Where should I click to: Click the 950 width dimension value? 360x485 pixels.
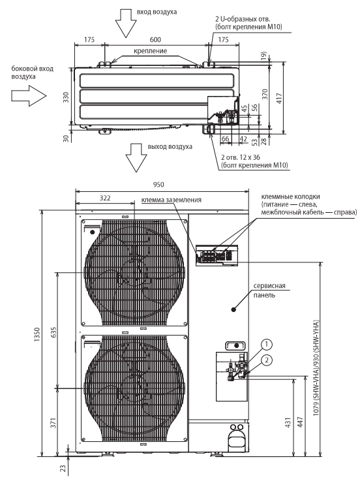point(158,185)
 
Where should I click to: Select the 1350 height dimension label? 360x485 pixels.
point(37,334)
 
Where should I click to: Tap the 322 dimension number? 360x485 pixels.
point(105,198)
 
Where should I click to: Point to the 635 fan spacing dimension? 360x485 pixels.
point(53,332)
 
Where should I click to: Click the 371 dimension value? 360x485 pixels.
point(53,423)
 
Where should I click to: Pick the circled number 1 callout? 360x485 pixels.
point(267,344)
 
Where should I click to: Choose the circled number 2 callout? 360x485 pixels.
point(267,360)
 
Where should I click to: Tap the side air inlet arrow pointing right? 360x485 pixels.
point(29,95)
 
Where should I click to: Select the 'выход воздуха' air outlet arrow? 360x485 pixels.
point(136,158)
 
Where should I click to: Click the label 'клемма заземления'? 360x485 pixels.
point(171,200)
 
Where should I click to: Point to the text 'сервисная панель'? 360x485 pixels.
point(269,290)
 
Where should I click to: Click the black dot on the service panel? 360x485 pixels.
point(233,309)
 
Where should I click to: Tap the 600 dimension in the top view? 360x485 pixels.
point(155,40)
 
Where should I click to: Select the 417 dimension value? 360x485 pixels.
point(279,99)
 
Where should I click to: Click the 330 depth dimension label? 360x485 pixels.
point(66,97)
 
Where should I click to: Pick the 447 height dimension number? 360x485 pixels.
point(300,422)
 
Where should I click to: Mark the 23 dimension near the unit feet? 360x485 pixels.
point(63,468)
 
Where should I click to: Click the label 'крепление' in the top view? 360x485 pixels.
point(150,51)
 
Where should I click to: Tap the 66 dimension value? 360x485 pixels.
point(225,138)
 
